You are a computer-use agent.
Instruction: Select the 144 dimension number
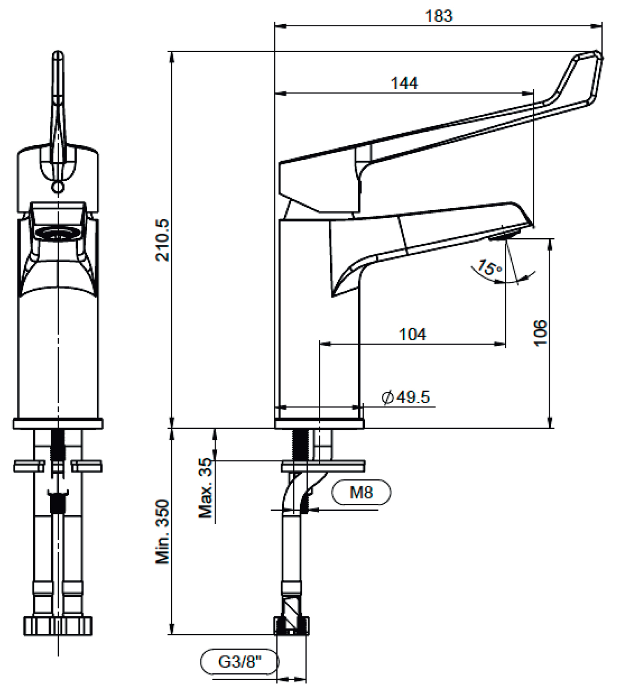tap(404, 83)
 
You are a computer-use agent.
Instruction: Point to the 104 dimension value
tap(413, 334)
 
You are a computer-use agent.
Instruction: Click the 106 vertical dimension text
tap(540, 333)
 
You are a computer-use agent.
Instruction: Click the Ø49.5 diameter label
tap(406, 397)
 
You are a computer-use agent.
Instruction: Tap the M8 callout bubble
tap(361, 492)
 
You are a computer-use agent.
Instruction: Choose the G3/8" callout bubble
tap(239, 662)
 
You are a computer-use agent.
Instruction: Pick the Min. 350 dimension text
tap(162, 531)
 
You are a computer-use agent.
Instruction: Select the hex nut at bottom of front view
tap(57, 626)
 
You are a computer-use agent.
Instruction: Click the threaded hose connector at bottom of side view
tap(291, 626)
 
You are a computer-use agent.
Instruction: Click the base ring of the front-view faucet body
tap(58, 423)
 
